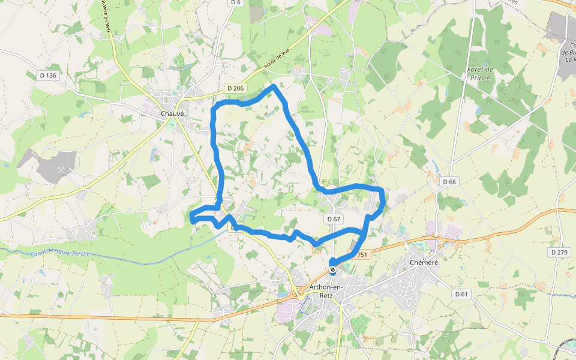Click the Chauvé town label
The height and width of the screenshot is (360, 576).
coord(172,113)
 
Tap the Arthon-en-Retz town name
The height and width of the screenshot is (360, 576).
coord(325,292)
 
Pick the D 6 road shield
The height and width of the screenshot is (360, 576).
coord(235,3)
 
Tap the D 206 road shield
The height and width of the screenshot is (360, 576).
coord(236,88)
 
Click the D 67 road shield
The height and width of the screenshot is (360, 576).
coord(334,220)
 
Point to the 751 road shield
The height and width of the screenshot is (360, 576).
coord(361,255)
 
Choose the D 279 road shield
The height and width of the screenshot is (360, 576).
coord(559,253)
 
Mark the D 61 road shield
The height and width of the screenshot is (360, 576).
coord(461,294)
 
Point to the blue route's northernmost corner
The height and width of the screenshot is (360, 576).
coord(275,86)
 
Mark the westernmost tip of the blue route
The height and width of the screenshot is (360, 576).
coord(191,217)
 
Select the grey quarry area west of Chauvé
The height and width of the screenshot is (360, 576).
coord(57,166)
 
